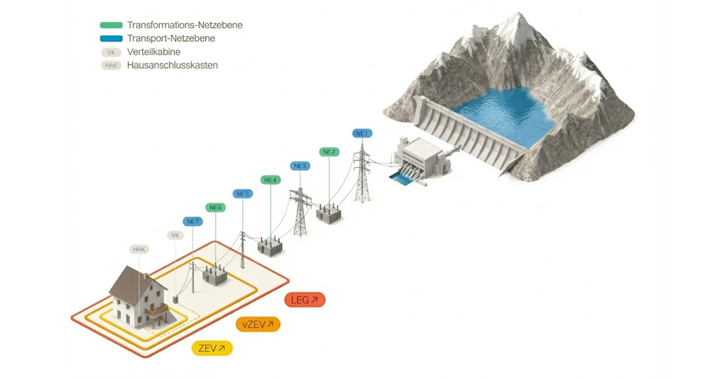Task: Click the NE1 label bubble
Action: (362, 133)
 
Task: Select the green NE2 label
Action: (329, 152)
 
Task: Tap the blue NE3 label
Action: (300, 166)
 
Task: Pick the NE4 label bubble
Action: (271, 180)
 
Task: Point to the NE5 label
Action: (242, 194)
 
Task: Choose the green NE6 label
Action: (216, 208)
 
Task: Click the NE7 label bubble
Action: (192, 221)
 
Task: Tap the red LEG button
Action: (305, 300)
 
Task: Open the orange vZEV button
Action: (258, 324)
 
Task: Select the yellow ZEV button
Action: (212, 348)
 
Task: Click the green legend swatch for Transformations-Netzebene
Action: (111, 25)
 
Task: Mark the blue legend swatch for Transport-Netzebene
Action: (111, 38)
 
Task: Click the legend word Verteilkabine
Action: (154, 52)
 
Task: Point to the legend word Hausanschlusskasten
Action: (172, 65)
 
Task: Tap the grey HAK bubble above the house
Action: (139, 249)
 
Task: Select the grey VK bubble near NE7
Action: (175, 235)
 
